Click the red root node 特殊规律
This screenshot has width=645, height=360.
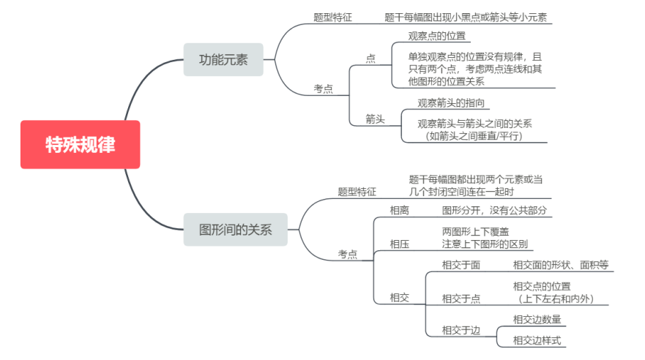81,144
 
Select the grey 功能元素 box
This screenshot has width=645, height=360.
223,59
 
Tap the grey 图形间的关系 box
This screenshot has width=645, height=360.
235,229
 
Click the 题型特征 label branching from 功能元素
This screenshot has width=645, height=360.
333,18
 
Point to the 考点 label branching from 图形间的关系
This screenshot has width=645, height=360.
348,255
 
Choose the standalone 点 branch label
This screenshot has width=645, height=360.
370,59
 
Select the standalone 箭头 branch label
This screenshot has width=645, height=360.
375,119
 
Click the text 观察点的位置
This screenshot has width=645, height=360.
437,36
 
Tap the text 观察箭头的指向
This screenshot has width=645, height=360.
451,102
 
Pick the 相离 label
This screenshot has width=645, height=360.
400,211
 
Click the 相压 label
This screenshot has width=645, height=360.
400,244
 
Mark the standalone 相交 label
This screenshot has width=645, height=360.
400,298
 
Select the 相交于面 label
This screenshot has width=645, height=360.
461,265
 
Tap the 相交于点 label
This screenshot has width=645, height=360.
461,299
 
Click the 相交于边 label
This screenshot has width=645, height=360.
461,331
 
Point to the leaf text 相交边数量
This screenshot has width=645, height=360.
537,319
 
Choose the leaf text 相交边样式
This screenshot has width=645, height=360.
537,340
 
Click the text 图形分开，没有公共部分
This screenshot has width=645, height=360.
494,211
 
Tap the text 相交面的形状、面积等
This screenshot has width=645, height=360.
561,265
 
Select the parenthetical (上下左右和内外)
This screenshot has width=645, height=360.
556,299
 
